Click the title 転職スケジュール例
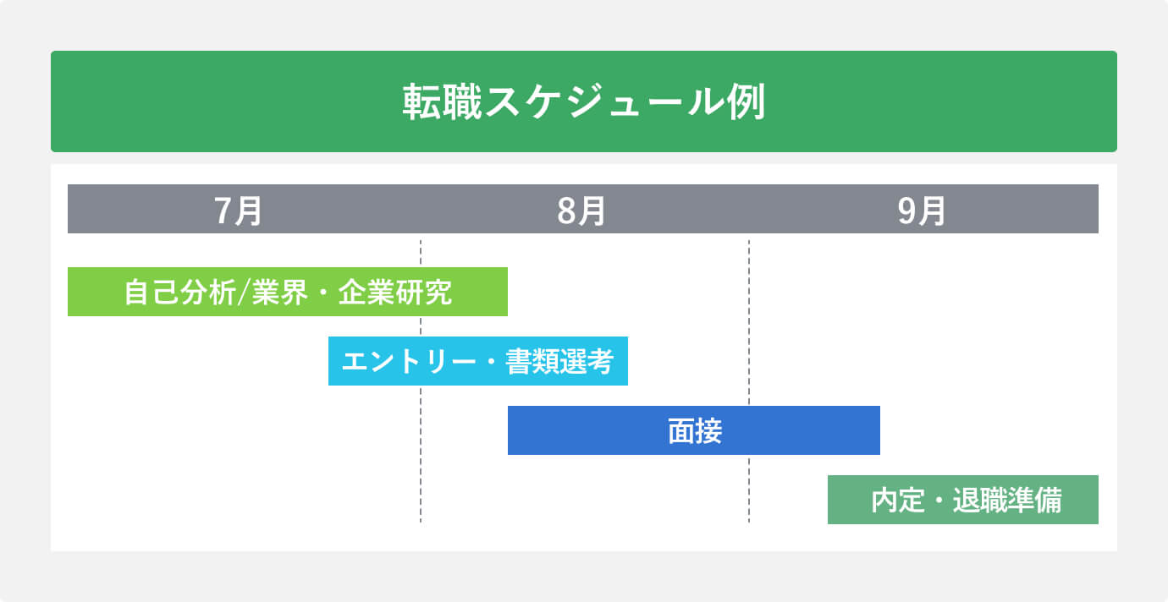[583, 102]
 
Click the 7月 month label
[239, 210]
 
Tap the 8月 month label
[581, 210]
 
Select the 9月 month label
[922, 210]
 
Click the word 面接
[694, 431]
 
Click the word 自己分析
[180, 293]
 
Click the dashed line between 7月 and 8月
[421, 473]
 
